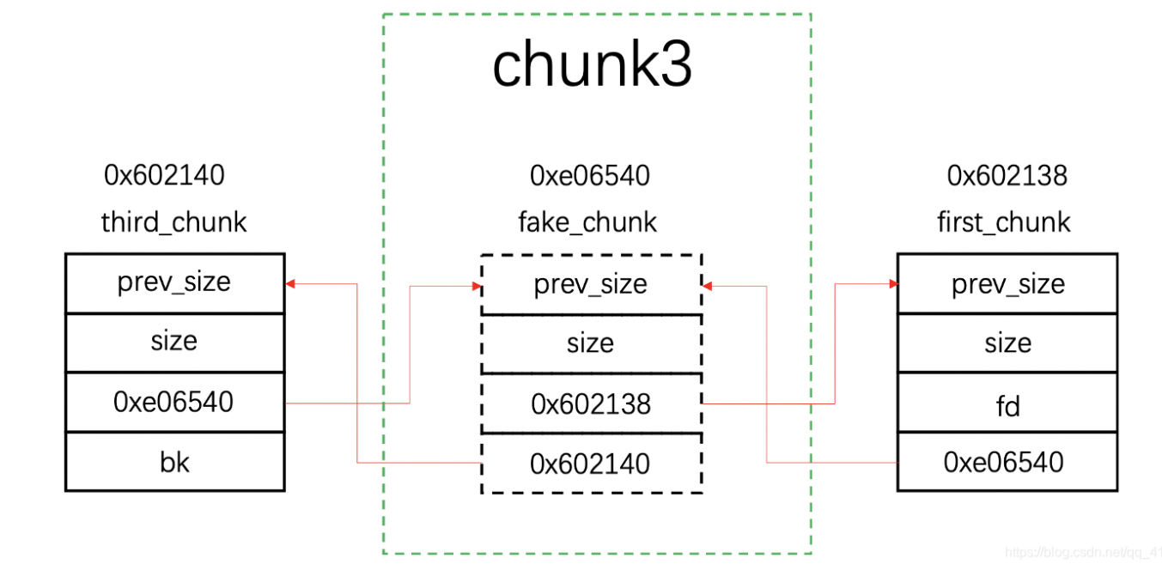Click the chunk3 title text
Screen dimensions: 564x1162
(x=592, y=65)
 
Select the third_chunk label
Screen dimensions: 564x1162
(x=173, y=222)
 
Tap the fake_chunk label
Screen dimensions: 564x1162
(x=587, y=222)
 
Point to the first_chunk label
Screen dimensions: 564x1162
(x=1004, y=222)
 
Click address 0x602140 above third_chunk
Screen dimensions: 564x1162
(x=164, y=175)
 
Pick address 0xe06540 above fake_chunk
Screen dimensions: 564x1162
(x=590, y=176)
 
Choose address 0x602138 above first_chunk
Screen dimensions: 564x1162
(x=1007, y=176)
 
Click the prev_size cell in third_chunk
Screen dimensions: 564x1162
(x=174, y=283)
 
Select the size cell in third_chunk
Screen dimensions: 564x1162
(x=174, y=342)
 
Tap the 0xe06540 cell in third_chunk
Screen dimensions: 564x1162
(x=174, y=402)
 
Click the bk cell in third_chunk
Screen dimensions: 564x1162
(x=174, y=462)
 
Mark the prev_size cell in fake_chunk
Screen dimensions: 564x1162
(x=591, y=285)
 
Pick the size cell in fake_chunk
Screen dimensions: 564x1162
(x=591, y=344)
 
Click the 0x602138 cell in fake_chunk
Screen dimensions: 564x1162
(x=591, y=403)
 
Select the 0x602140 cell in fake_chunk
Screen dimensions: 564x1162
(x=591, y=464)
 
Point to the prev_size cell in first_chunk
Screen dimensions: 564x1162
(x=1007, y=285)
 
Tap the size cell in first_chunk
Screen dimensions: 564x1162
(x=1007, y=343)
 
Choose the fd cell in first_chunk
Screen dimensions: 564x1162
(x=1007, y=403)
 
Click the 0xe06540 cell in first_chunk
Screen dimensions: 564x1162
(x=1007, y=463)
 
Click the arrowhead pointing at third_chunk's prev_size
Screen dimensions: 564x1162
(x=290, y=283)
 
